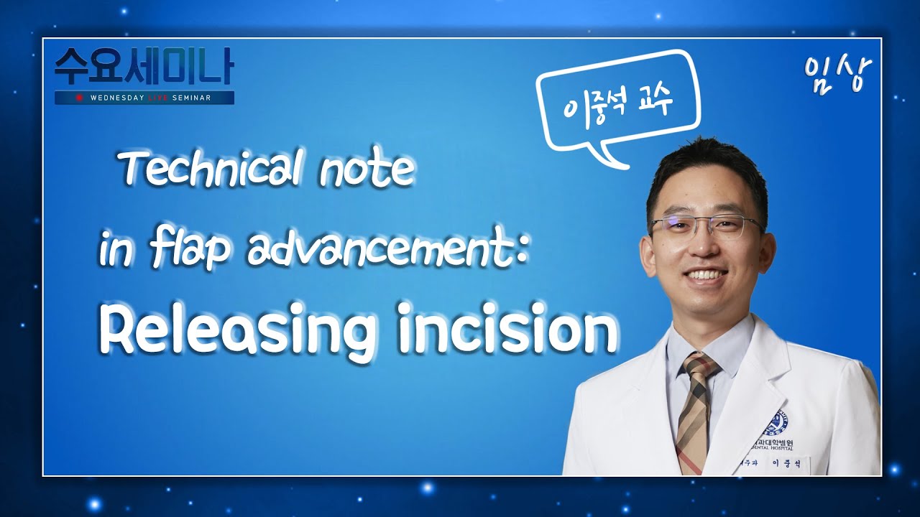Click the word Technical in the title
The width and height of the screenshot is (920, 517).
tap(206, 170)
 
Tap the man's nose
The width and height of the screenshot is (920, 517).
tap(704, 248)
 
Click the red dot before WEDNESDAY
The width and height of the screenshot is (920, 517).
tap(79, 98)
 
